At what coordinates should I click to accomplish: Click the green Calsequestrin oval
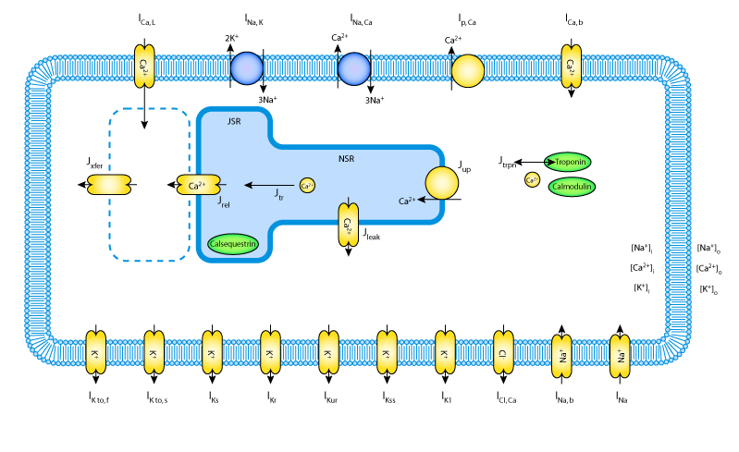pyautogui.click(x=233, y=244)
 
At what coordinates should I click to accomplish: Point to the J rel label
pyautogui.click(x=224, y=202)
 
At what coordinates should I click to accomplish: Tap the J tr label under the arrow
pyautogui.click(x=279, y=194)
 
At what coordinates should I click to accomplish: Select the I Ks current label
pyautogui.click(x=213, y=397)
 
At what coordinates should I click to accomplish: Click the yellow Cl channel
pyautogui.click(x=503, y=352)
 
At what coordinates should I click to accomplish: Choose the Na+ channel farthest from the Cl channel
pyautogui.click(x=620, y=355)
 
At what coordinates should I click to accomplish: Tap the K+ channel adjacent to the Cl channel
pyautogui.click(x=445, y=352)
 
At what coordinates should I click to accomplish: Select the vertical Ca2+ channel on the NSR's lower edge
pyautogui.click(x=348, y=225)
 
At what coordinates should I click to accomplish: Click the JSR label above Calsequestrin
pyautogui.click(x=234, y=121)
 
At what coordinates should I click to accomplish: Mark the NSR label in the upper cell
pyautogui.click(x=346, y=159)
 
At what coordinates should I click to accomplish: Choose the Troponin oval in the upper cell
pyautogui.click(x=568, y=162)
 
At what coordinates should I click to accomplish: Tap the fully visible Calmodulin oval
pyautogui.click(x=572, y=187)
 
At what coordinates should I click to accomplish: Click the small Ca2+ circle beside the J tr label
pyautogui.click(x=307, y=185)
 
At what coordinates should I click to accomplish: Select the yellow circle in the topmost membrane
pyautogui.click(x=468, y=70)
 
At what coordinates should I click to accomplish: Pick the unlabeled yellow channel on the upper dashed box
pyautogui.click(x=109, y=185)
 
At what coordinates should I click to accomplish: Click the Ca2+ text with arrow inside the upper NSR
pyautogui.click(x=406, y=201)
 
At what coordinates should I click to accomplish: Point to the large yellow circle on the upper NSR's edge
pyautogui.click(x=442, y=183)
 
